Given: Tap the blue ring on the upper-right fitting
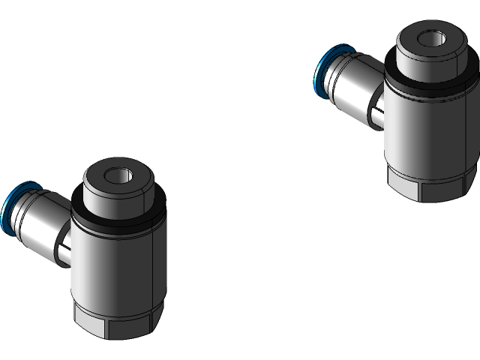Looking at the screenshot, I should coord(320,71).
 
